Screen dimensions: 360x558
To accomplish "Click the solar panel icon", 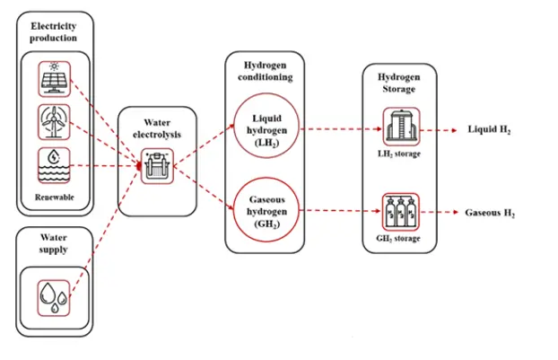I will point(54,77).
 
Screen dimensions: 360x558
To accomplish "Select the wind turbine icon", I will point(54,121).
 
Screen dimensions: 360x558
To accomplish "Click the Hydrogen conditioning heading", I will point(264,71).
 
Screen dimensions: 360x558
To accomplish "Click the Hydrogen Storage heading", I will point(400,84).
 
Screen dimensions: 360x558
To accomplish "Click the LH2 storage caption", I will point(400,154).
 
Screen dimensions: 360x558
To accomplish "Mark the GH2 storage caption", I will point(400,238).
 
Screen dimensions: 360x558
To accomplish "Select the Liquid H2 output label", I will point(490,129).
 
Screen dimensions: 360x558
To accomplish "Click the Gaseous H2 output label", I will point(489,214).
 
